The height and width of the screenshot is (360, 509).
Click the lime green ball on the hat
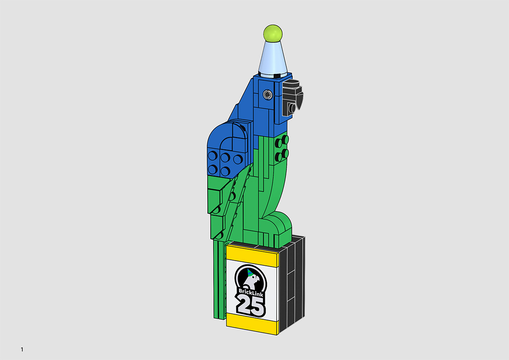273,33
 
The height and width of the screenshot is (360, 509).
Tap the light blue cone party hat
273,59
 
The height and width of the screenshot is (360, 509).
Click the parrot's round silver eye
268,94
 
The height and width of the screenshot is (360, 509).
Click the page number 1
22,349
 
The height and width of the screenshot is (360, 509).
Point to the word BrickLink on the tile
251,292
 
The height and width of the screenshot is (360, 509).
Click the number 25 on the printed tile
251,307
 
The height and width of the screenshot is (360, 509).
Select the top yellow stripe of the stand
252,256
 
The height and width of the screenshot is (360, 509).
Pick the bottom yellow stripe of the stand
252,324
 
